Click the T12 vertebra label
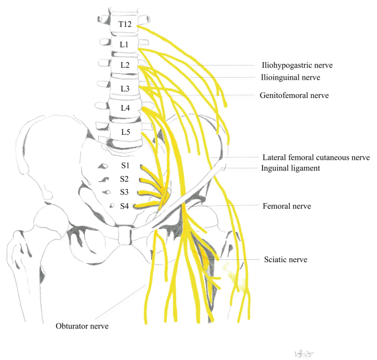pos(125,25)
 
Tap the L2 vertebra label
pos(125,66)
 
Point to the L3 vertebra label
pos(125,88)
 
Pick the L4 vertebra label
pos(125,108)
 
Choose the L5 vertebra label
pos(125,133)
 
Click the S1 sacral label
pos(124,165)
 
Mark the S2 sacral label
pos(124,179)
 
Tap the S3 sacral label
pos(124,192)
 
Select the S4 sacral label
pos(125,206)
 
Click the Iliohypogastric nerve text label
pos(298,65)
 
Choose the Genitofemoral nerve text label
pos(294,95)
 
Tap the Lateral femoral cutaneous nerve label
pos(315,157)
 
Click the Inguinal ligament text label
pos(290,168)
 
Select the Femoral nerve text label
pos(287,206)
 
